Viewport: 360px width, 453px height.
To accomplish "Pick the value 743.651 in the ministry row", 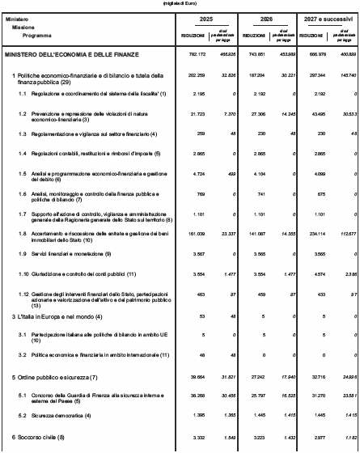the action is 253,54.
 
